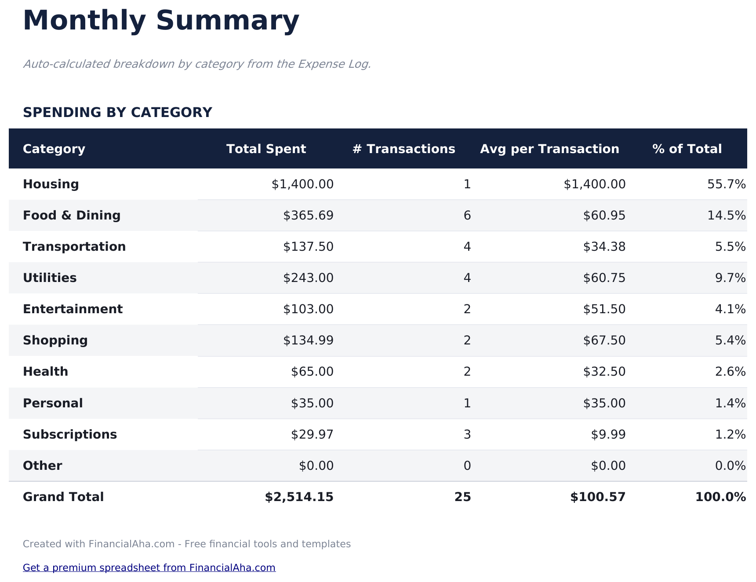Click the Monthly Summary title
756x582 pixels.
161,21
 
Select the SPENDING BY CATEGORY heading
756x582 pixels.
117,113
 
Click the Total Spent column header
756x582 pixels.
266,149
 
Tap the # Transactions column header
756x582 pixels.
403,149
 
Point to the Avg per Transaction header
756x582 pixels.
549,149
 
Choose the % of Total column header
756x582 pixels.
687,149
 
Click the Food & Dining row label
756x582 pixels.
72,216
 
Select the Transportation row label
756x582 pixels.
74,247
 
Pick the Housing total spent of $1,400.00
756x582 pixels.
302,184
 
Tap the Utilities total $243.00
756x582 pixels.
308,278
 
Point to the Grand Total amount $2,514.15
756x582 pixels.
299,497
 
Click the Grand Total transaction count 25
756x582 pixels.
462,497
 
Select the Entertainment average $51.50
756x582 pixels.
604,309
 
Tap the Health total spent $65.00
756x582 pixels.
312,372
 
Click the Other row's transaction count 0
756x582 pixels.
467,466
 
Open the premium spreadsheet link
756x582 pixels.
149,567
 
